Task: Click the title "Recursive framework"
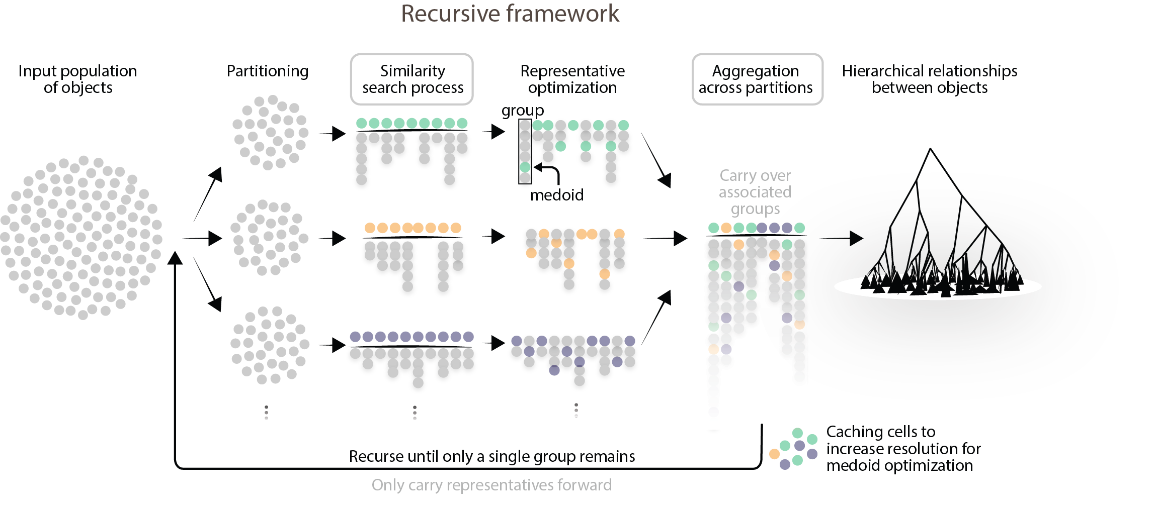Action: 510,14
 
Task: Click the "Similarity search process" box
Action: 412,79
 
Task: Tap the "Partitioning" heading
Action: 267,71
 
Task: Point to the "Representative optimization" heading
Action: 572,79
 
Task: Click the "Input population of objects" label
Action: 77,79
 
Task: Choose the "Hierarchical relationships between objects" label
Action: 929,79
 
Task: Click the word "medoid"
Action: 557,195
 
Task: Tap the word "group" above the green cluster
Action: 523,110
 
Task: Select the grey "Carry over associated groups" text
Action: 755,192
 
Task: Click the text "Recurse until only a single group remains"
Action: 491,456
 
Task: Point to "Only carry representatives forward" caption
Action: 491,485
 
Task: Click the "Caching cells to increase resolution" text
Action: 903,448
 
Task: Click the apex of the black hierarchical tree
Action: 930,149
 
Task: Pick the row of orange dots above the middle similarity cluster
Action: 412,228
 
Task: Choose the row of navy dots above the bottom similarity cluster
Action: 411,337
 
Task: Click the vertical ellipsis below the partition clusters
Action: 266,412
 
